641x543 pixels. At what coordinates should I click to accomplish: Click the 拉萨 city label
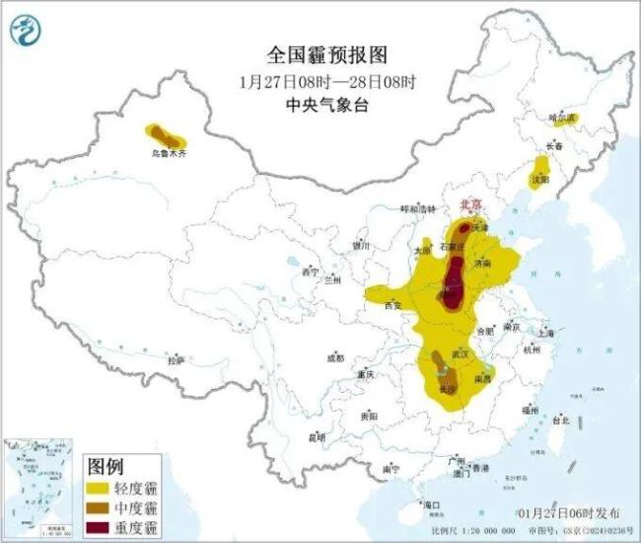(x=176, y=361)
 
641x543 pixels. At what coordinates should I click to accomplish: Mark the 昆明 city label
(x=316, y=437)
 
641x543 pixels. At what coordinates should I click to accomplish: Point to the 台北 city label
(x=558, y=420)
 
